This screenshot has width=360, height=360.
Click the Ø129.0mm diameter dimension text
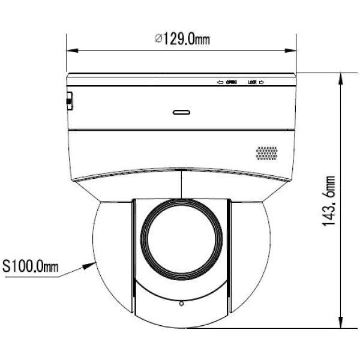(x=182, y=40)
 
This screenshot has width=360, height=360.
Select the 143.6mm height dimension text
(x=328, y=202)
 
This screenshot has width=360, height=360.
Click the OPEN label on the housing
(x=231, y=82)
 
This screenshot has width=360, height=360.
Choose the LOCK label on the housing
(x=253, y=82)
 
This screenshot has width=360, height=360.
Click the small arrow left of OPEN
(x=220, y=82)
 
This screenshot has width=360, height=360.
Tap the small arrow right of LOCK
(x=263, y=82)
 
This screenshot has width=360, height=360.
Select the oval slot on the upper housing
(x=182, y=112)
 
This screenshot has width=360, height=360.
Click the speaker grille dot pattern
(x=267, y=152)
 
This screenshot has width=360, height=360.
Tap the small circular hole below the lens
(x=181, y=305)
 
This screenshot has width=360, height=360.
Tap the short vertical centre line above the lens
(x=181, y=183)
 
